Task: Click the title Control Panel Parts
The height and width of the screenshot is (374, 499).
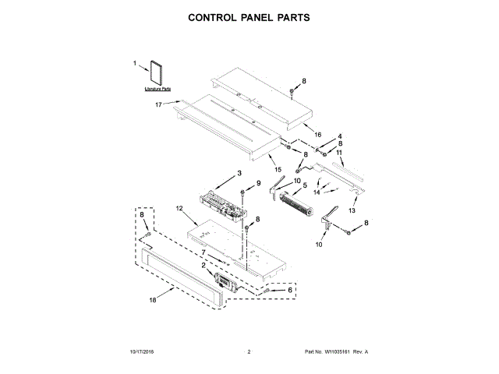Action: pyautogui.click(x=249, y=16)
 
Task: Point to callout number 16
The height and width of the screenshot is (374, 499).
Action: pyautogui.click(x=317, y=135)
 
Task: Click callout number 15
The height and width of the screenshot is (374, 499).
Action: pyautogui.click(x=278, y=169)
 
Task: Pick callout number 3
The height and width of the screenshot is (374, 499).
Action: pyautogui.click(x=239, y=172)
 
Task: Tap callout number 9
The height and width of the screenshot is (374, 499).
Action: pyautogui.click(x=258, y=183)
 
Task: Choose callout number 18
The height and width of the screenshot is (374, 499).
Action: pyautogui.click(x=153, y=298)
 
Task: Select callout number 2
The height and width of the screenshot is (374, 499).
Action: pyautogui.click(x=203, y=265)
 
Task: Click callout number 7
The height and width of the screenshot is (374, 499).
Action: pyautogui.click(x=203, y=252)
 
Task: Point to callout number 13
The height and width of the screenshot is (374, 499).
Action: pyautogui.click(x=352, y=210)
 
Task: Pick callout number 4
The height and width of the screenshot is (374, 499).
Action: pyautogui.click(x=339, y=136)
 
